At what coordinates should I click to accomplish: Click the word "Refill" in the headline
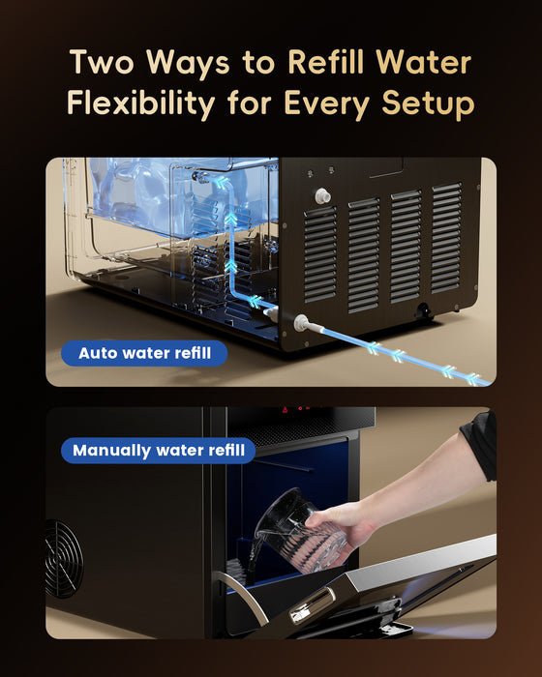tap(326, 62)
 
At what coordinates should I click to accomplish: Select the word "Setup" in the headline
tap(428, 104)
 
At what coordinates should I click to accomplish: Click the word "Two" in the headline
tap(102, 62)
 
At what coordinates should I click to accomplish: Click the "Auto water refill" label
tap(144, 353)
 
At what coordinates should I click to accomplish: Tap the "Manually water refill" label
tap(158, 451)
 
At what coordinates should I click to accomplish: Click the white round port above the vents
tap(322, 196)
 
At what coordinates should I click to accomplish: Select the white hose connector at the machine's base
tap(301, 322)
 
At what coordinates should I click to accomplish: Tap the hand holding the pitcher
tap(344, 525)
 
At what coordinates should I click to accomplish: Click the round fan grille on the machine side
tap(64, 559)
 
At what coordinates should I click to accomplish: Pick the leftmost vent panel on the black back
tap(320, 254)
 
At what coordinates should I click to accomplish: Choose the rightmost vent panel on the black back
tap(447, 238)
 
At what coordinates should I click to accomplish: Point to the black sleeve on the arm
tap(481, 446)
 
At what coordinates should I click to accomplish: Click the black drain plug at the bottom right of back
tap(423, 310)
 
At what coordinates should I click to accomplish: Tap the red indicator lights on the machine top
tap(297, 408)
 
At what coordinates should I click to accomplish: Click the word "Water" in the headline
tap(424, 62)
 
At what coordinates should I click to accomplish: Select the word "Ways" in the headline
tap(188, 64)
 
